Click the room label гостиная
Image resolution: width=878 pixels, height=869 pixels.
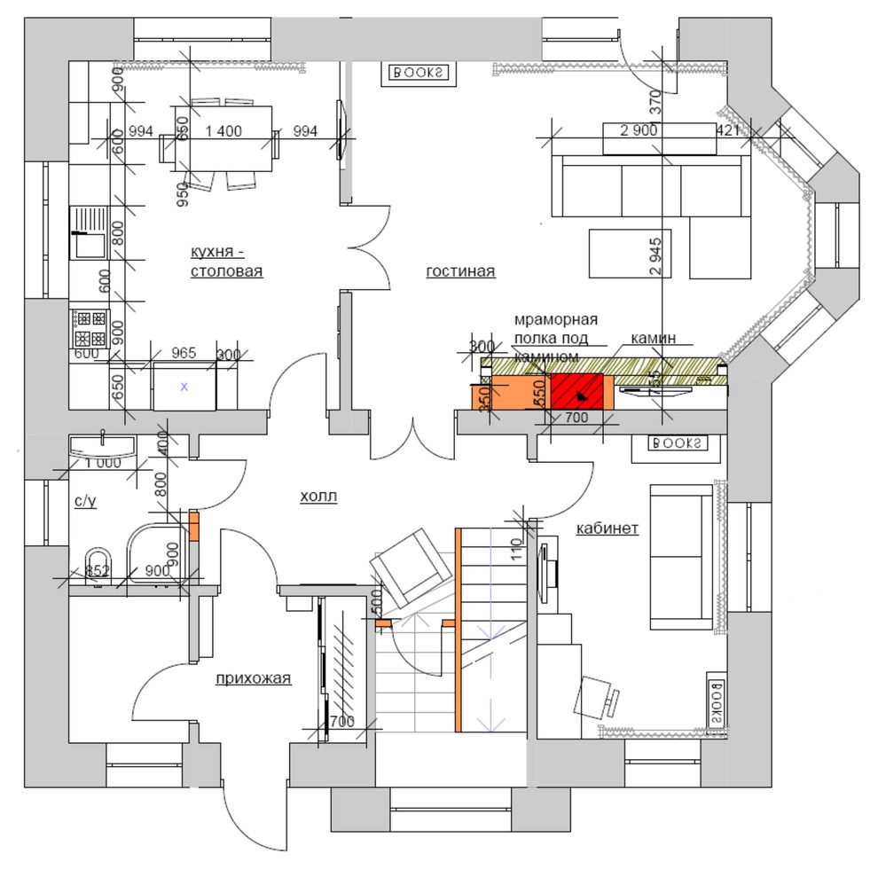459,271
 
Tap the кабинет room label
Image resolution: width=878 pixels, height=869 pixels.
608,528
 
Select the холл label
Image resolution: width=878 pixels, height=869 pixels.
319,496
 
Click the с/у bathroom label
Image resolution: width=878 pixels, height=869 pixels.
85,502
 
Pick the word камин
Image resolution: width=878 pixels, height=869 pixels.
654,338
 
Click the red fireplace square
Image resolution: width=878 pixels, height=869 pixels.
576,391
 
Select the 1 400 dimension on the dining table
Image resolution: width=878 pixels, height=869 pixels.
223,131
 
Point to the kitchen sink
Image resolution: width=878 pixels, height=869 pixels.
88,231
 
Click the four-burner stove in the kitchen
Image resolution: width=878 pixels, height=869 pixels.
89,327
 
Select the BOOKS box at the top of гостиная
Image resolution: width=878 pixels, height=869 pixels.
416,74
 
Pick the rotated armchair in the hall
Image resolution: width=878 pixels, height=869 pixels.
408,566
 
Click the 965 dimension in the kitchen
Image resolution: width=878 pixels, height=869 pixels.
183,353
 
